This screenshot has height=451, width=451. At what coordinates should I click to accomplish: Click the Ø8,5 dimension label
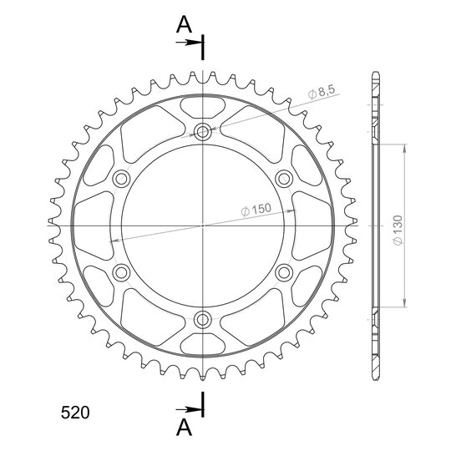pyautogui.click(x=322, y=93)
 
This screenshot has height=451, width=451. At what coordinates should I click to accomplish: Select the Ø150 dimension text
pyautogui.click(x=256, y=210)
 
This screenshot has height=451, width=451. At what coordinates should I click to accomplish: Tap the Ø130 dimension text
pyautogui.click(x=398, y=231)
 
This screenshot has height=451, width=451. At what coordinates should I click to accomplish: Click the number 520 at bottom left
pyautogui.click(x=75, y=413)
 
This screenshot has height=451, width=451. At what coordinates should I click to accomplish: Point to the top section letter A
pyautogui.click(x=184, y=24)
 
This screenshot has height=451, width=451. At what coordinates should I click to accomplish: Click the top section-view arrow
pyautogui.click(x=189, y=43)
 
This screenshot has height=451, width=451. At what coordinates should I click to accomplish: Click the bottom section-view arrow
pyautogui.click(x=189, y=409)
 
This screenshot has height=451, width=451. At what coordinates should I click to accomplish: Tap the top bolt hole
pyautogui.click(x=203, y=132)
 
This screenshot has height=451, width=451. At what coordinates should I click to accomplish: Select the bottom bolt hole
pyautogui.click(x=203, y=319)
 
